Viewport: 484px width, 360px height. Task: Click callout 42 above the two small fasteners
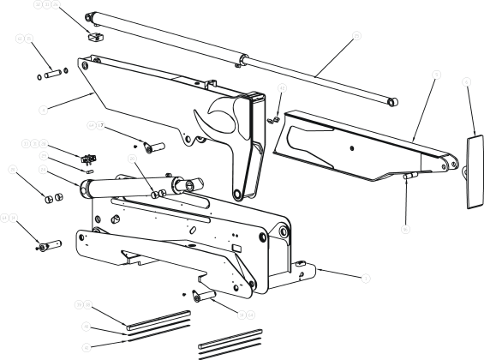pyautogui.click(x=282, y=89)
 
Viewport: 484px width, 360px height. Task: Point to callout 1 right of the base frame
pyautogui.click(x=366, y=279)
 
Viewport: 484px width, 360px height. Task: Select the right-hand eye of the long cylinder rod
pyautogui.click(x=393, y=101)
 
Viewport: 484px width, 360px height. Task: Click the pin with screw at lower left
pyautogui.click(x=49, y=246)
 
